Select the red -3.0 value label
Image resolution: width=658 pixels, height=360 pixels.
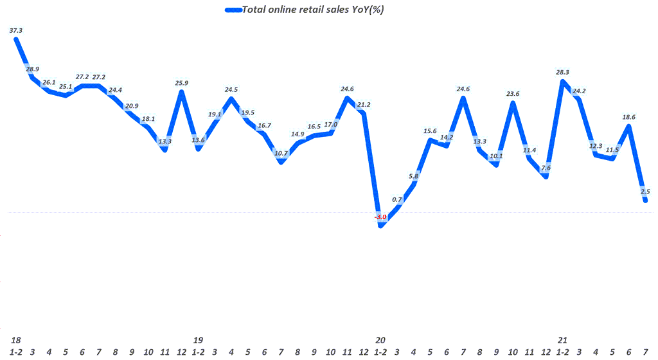coord(381,218)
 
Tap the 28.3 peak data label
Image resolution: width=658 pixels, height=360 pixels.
coord(563,73)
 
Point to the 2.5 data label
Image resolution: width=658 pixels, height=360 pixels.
coord(646,191)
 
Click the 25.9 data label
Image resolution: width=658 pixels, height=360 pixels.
coord(182,83)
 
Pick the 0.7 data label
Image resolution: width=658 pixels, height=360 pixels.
coord(398,199)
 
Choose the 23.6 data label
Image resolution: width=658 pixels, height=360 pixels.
coord(513,94)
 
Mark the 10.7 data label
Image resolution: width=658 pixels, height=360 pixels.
coord(281,154)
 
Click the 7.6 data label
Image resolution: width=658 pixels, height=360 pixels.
coord(546,168)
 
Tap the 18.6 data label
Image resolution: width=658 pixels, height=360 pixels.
coord(629,117)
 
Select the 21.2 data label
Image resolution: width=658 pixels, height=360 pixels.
coord(364,105)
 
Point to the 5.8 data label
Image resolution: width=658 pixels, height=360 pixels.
coord(414,175)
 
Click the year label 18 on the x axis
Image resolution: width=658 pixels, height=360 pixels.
coord(15,339)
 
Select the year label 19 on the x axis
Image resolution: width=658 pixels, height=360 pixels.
coord(198,339)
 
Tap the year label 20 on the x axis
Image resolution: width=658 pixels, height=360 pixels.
coord(380,339)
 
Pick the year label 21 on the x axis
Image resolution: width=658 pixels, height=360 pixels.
coord(563,339)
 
